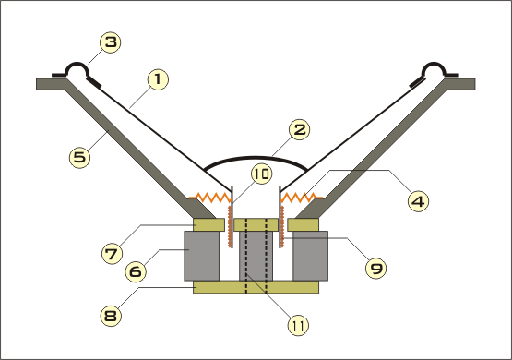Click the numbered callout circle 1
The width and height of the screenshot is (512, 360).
pos(158,79)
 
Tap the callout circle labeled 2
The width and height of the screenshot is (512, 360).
pos(300,129)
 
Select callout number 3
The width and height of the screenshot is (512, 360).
pos(111,42)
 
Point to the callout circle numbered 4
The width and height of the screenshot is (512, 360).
pos(418,201)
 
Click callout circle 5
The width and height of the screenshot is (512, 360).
pos(79,158)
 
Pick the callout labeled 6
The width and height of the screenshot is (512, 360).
pos(136,271)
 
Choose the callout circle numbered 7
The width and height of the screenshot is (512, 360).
pos(112,254)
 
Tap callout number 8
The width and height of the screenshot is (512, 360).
pos(111,316)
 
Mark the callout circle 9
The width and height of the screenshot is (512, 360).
pos(375,269)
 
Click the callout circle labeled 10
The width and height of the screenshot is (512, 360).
pos(262,174)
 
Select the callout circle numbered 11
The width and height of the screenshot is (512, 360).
pos(298,325)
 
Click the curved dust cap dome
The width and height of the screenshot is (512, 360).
pos(256,158)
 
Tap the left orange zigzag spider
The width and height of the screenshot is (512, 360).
pos(210,198)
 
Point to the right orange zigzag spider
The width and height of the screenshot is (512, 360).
pos(301,198)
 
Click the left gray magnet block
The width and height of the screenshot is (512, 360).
pos(201,256)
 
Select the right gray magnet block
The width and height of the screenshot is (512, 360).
pos(310,256)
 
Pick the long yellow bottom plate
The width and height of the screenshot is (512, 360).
pos(256,287)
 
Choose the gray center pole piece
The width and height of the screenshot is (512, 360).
pos(256,256)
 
